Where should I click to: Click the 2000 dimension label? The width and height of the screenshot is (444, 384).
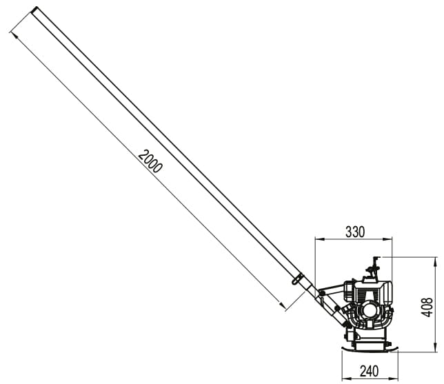tap(150, 161)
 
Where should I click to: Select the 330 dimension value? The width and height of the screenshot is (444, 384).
tap(355, 232)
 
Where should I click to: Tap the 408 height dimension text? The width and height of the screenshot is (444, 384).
tap(427, 307)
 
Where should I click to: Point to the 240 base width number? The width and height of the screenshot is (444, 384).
tap(370, 371)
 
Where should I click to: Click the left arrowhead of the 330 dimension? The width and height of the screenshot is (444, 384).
tap(319, 239)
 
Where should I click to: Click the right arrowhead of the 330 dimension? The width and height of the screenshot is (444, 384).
tap(388, 239)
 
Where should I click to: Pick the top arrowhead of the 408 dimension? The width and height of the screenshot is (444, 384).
tap(436, 262)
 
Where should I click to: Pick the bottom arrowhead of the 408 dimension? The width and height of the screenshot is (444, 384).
tap(436, 348)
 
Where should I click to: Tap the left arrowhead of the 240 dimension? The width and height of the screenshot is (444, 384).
tap(346, 378)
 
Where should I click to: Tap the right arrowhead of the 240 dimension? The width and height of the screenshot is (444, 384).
tap(394, 378)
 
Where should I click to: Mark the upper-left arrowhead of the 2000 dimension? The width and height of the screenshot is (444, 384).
tap(14, 36)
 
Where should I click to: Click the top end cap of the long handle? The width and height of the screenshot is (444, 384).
tap(34, 10)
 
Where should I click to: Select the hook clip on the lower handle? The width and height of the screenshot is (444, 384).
tap(297, 278)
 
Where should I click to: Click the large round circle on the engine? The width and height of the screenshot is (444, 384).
tap(370, 310)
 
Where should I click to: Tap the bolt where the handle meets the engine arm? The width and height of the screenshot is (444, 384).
tap(321, 292)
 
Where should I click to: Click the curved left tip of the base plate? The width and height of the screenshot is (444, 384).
tap(345, 348)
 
